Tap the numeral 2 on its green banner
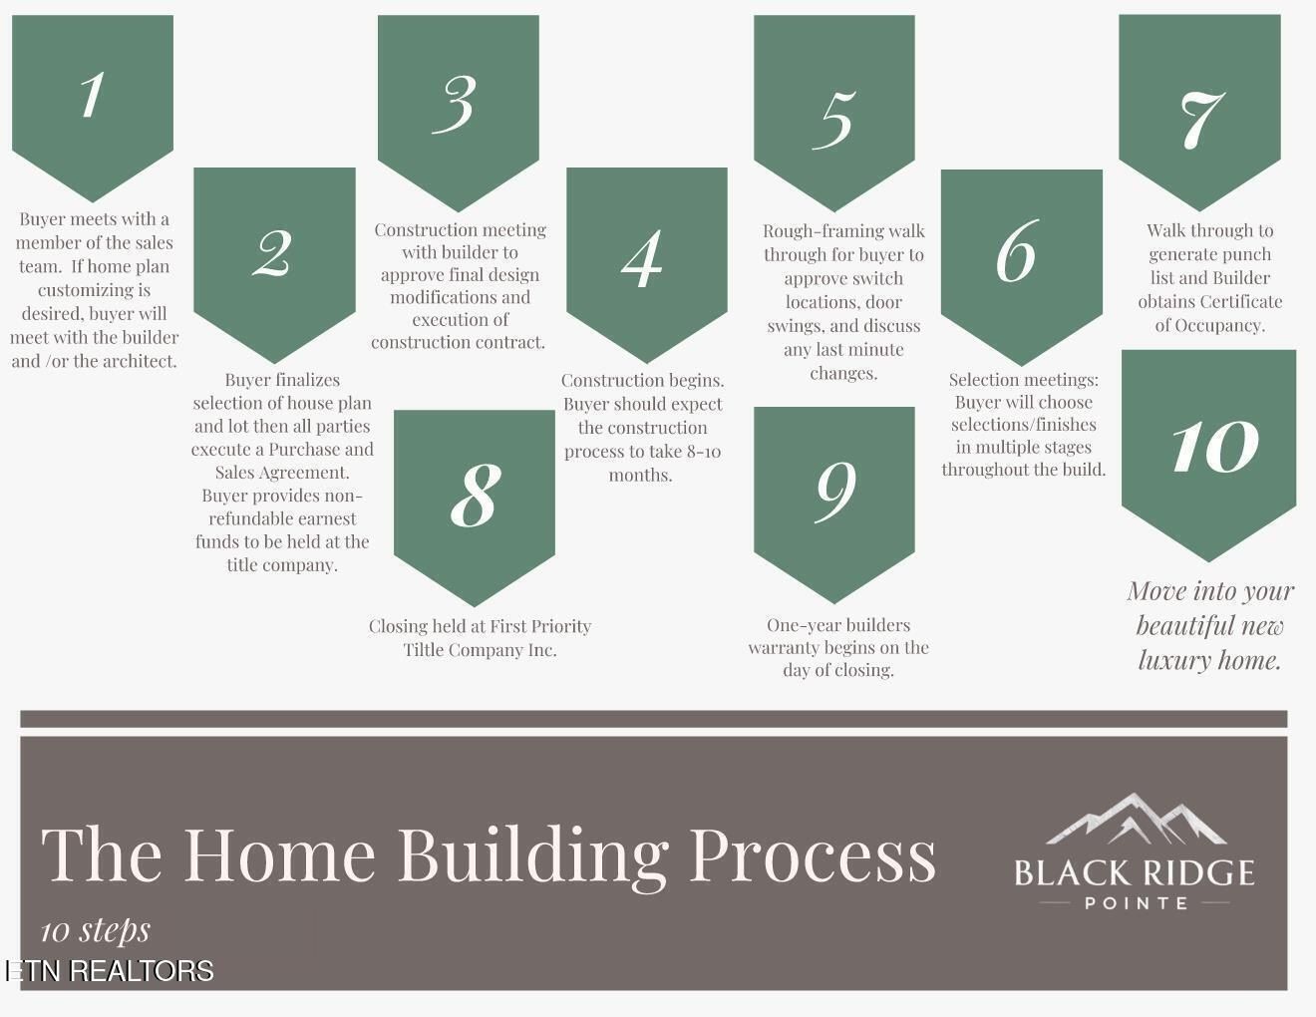pyautogui.click(x=273, y=253)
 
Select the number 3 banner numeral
pyautogui.click(x=455, y=104)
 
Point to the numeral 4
pyautogui.click(x=642, y=258)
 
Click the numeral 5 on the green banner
pyautogui.click(x=834, y=120)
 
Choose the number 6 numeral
pyautogui.click(x=1018, y=251)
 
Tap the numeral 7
pyautogui.click(x=1202, y=120)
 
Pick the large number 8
pyautogui.click(x=476, y=496)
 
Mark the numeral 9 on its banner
pyautogui.click(x=836, y=492)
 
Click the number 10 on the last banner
pyautogui.click(x=1215, y=446)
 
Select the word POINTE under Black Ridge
pyautogui.click(x=1137, y=903)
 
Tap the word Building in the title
pyautogui.click(x=533, y=856)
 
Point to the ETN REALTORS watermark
pyautogui.click(x=109, y=971)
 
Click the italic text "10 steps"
pyautogui.click(x=96, y=930)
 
